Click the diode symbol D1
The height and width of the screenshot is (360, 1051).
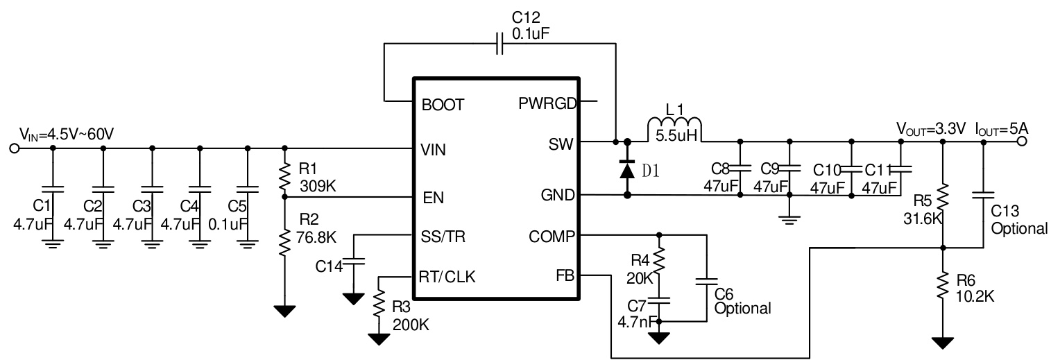pos(627,169)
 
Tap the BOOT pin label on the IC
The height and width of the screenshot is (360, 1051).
pos(442,105)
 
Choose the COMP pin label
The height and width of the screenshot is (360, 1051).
pos(552,236)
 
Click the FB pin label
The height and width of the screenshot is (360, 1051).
pos(564,275)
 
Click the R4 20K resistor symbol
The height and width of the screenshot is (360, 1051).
pos(659,262)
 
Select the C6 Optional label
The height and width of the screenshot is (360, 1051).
pos(742,302)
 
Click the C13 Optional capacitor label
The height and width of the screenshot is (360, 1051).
pos(1018,221)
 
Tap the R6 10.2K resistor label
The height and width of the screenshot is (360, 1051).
pos(975,289)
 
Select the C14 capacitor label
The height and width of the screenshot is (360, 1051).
pos(329,266)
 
